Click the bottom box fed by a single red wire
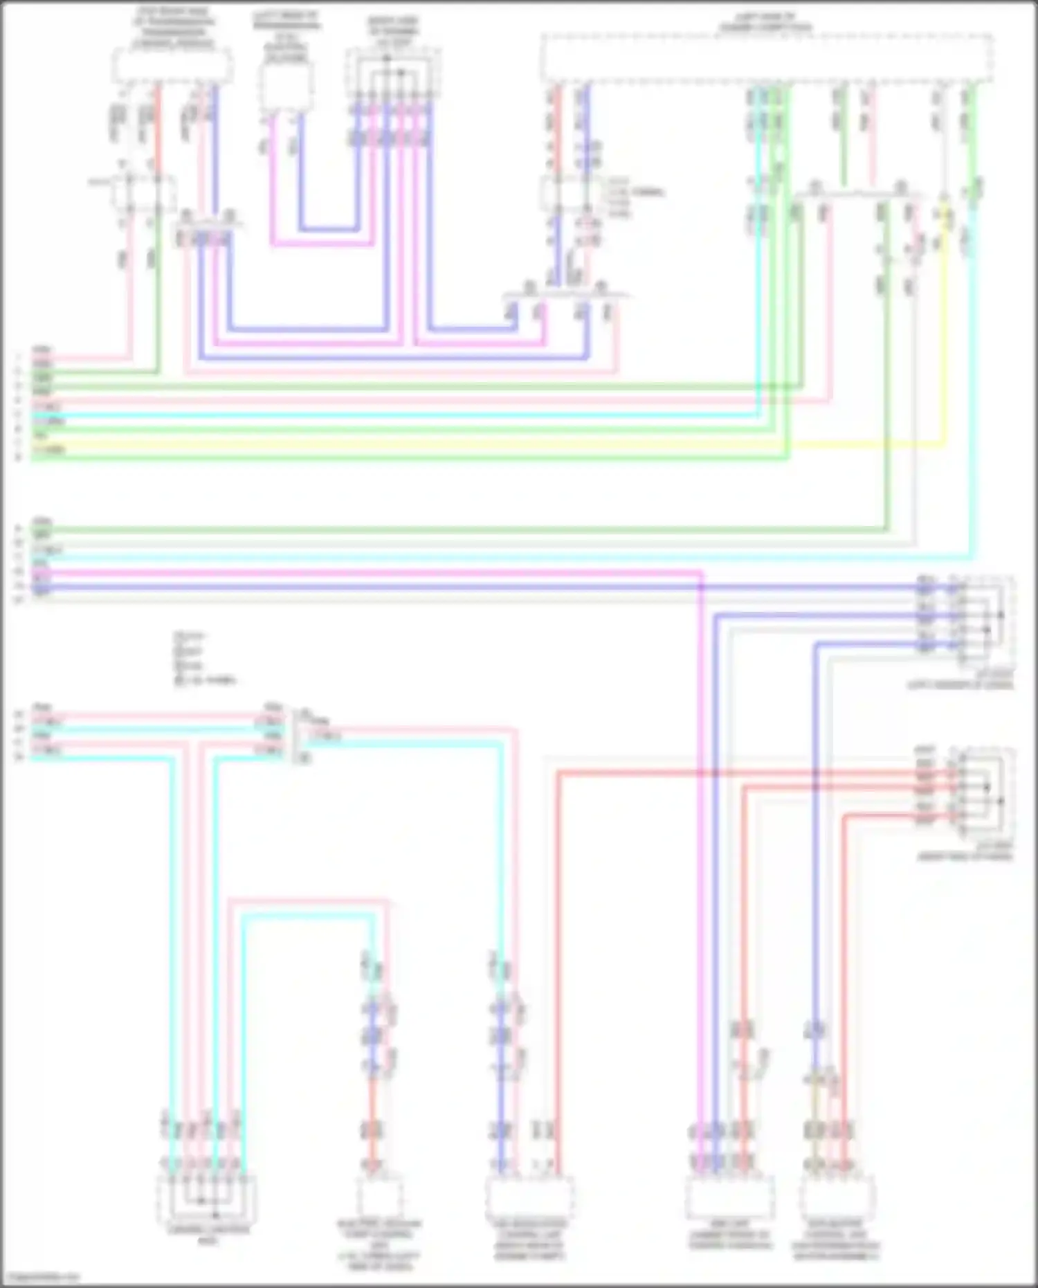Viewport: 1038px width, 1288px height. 379,1197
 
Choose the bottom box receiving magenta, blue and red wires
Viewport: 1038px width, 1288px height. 729,1197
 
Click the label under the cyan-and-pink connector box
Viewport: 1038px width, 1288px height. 208,1235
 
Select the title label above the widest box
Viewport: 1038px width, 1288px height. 765,21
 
